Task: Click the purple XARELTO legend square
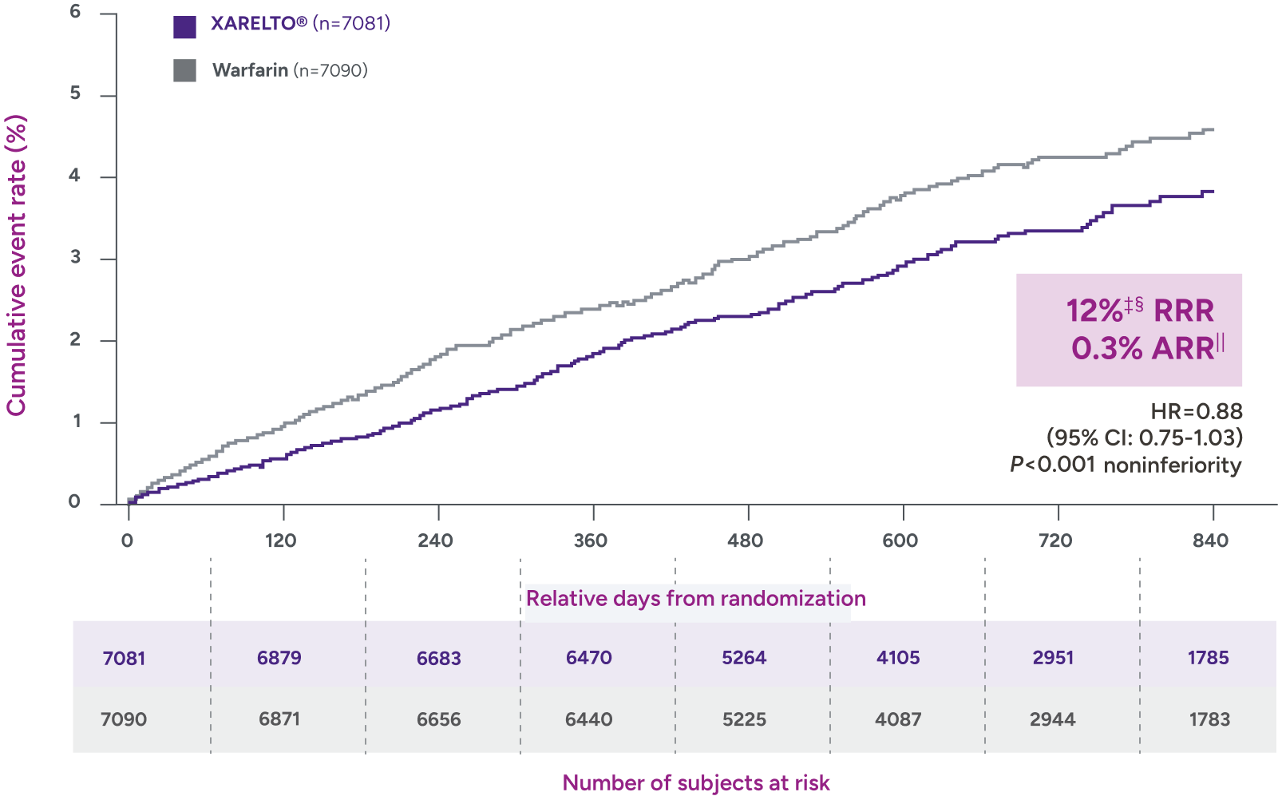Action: (x=184, y=27)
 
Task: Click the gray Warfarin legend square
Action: (x=184, y=70)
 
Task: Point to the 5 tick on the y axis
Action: (x=75, y=93)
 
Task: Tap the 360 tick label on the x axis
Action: (x=591, y=541)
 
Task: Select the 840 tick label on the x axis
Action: (x=1210, y=541)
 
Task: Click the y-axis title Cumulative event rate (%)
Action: (x=17, y=265)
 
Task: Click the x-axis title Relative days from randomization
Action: (x=695, y=598)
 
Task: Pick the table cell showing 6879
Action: (x=279, y=658)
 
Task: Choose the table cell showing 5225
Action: (x=744, y=719)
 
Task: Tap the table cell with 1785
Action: (x=1208, y=658)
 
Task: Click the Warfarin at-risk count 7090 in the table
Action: (x=124, y=719)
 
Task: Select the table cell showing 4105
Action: (x=898, y=658)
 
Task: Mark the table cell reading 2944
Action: (x=1052, y=719)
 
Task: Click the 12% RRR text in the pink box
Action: (x=1139, y=310)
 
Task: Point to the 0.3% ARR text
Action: (x=1146, y=348)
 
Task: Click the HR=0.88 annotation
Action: (x=1196, y=411)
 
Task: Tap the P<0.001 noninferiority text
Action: (x=1126, y=465)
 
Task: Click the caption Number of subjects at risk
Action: (x=696, y=782)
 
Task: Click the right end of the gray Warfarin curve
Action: (x=1213, y=129)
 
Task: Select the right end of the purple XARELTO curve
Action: (x=1213, y=192)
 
